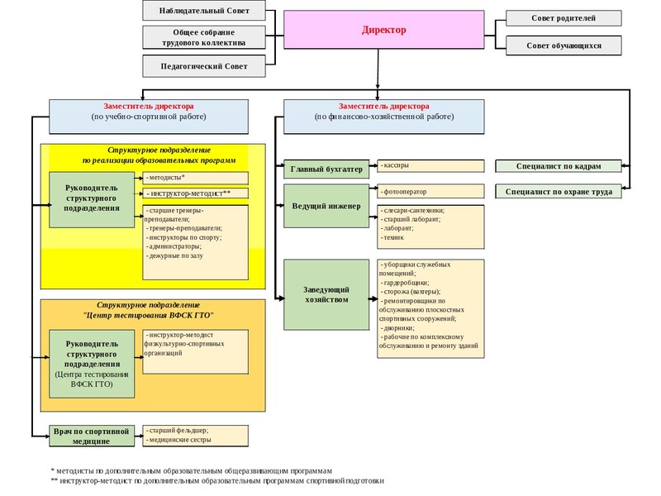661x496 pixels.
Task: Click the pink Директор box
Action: [383, 30]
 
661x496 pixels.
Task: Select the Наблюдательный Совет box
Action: [204, 11]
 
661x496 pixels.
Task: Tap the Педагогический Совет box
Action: [204, 66]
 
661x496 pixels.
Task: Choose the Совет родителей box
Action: [564, 18]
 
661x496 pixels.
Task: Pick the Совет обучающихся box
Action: [564, 45]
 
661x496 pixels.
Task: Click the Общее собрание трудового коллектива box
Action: [204, 37]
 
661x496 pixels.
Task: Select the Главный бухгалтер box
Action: [326, 169]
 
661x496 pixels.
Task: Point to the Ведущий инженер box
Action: [326, 206]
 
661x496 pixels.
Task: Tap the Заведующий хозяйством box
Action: [326, 294]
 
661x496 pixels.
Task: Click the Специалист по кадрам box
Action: [559, 166]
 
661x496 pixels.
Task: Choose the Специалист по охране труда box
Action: [559, 192]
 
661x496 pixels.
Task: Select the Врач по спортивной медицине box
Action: [92, 436]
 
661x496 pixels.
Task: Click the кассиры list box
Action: [430, 166]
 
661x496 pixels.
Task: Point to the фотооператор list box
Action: [430, 191]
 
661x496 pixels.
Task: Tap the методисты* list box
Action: [195, 178]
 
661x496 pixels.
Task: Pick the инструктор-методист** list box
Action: [195, 193]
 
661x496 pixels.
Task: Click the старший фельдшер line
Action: [178, 431]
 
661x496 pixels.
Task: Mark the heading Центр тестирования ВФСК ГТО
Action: [149, 315]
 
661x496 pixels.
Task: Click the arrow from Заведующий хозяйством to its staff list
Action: [373, 298]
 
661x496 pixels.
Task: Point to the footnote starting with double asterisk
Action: [217, 480]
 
